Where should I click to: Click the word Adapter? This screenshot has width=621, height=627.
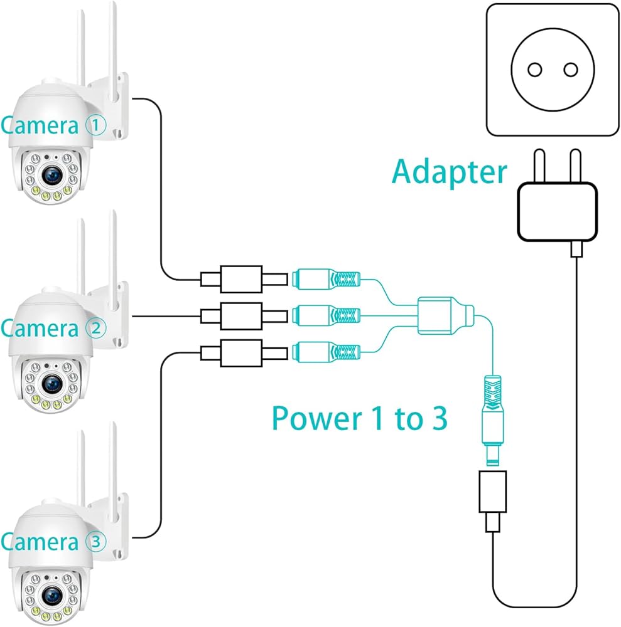coord(450,171)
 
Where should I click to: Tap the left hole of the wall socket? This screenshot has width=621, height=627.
coord(534,70)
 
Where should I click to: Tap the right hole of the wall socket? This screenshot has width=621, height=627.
coord(570,70)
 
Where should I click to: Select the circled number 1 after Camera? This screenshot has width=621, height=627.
coord(96,126)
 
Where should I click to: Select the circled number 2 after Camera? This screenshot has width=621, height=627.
coord(96,328)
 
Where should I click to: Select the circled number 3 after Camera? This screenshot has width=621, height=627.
coord(96,540)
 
